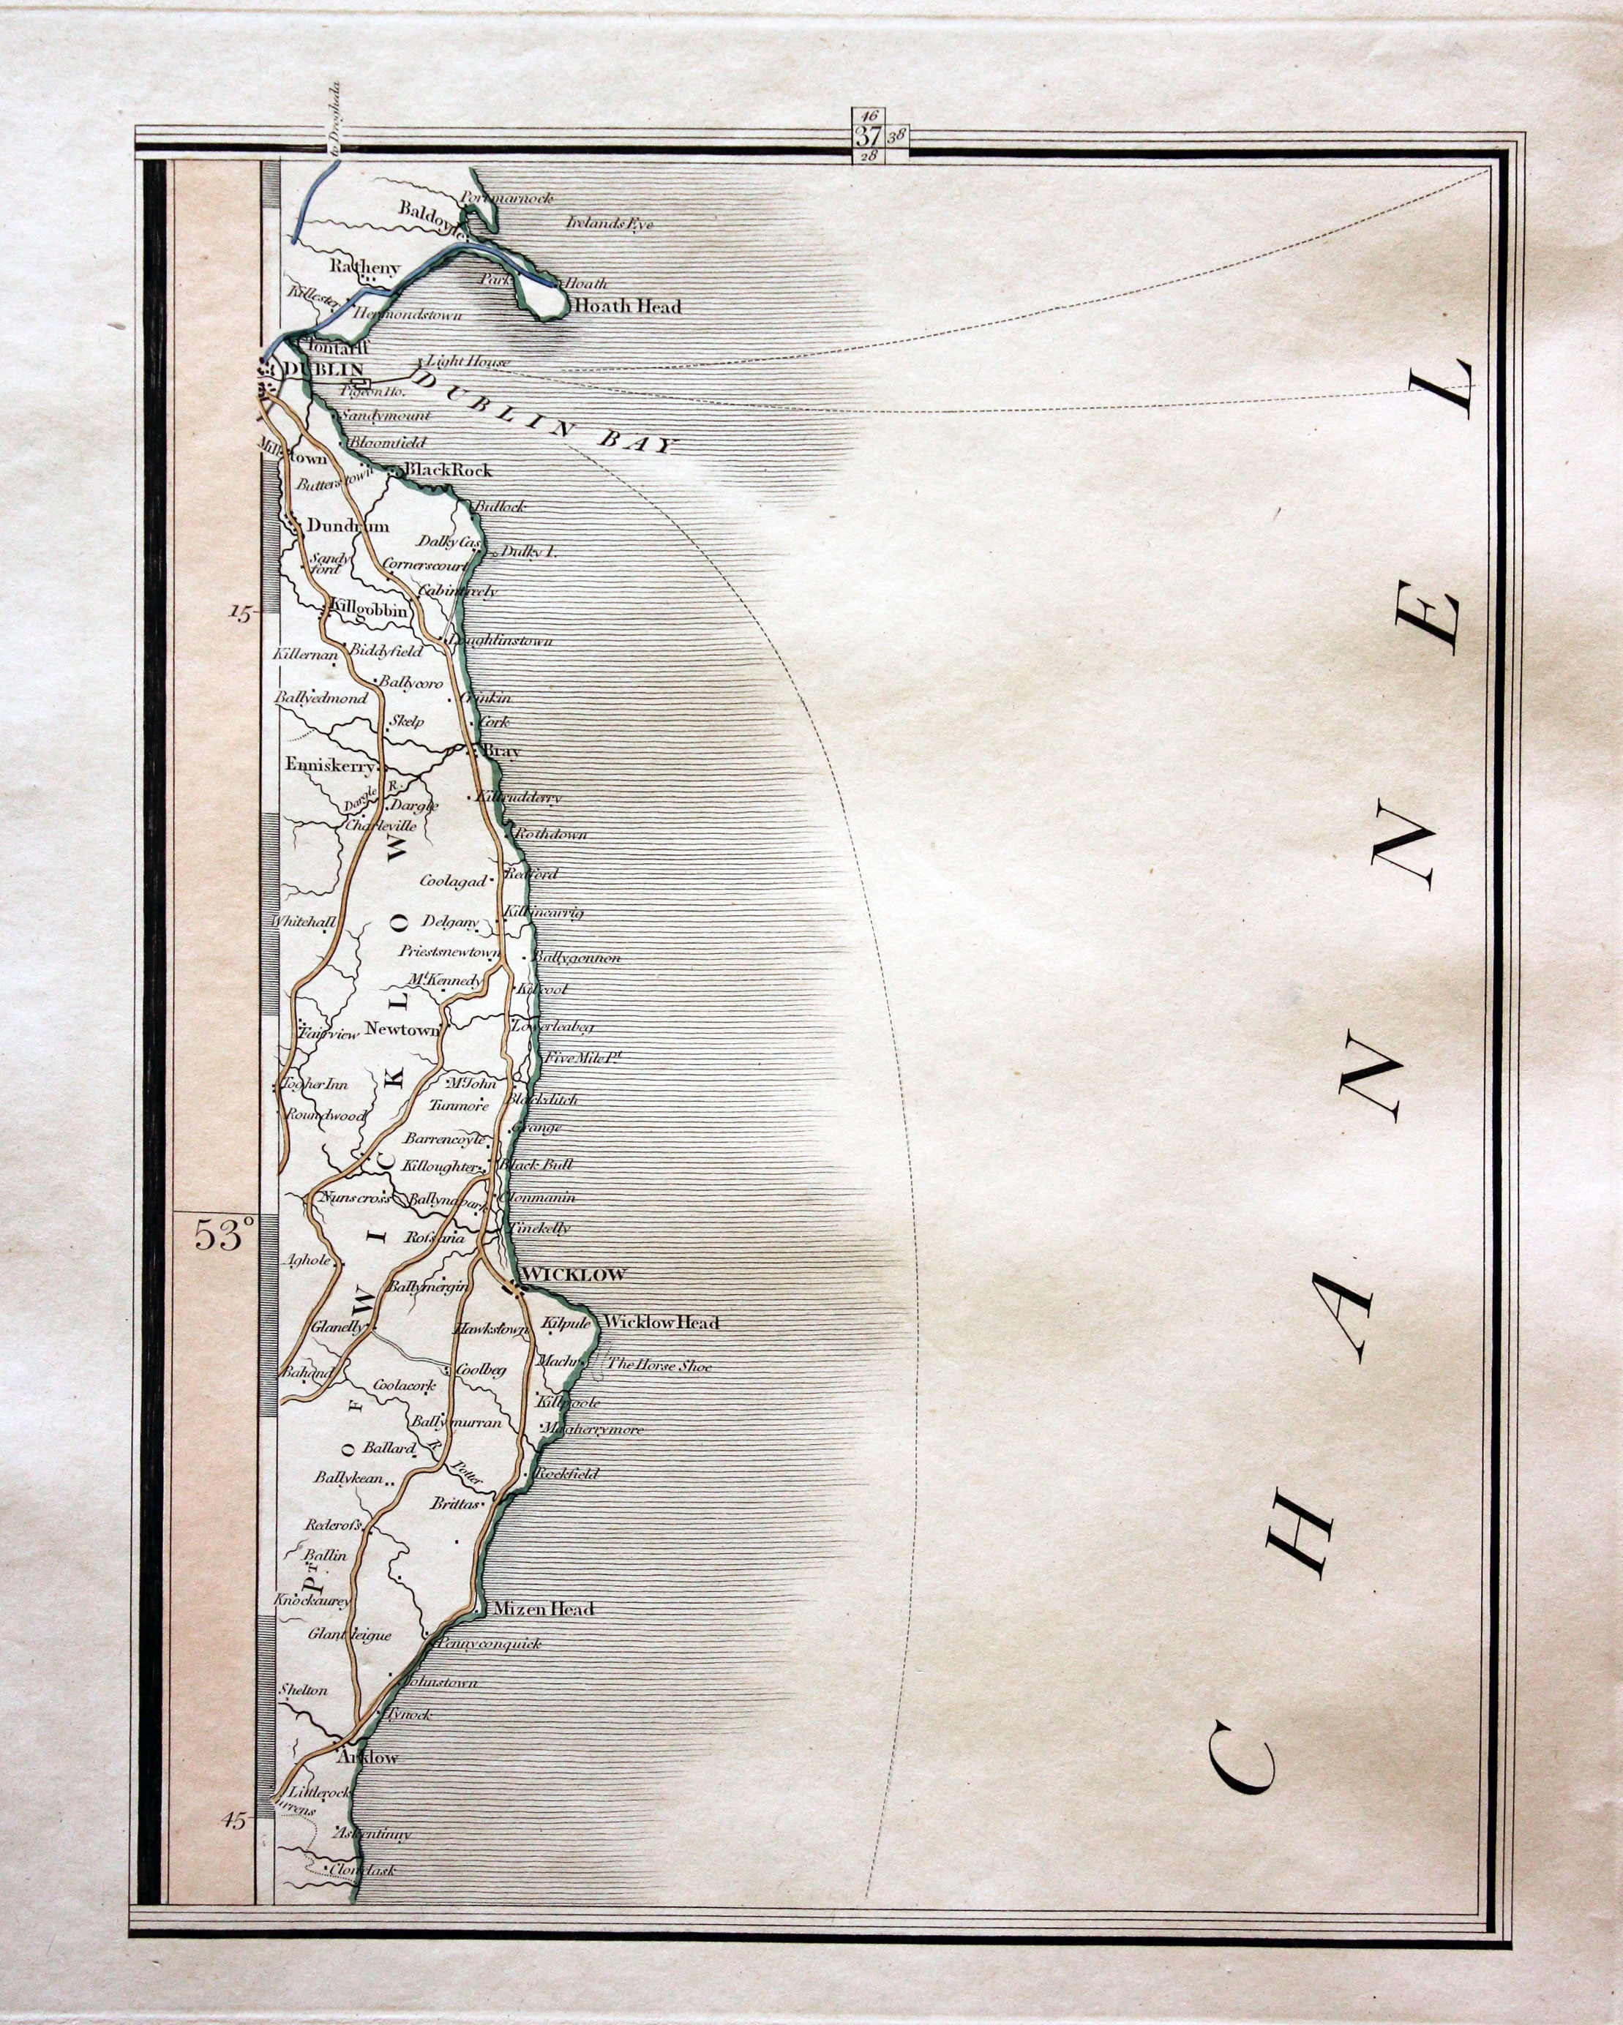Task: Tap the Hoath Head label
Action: (x=626, y=307)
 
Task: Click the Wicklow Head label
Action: (x=661, y=1323)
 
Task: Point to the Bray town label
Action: (x=500, y=751)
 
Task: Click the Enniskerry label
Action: (x=330, y=765)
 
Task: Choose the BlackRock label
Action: (x=447, y=470)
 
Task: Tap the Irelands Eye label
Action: (x=610, y=224)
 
